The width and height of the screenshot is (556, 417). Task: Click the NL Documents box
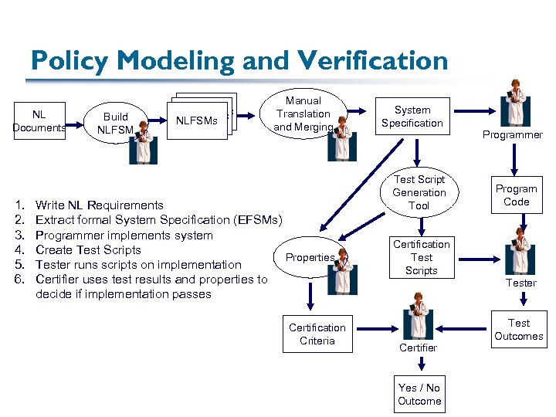[39, 121]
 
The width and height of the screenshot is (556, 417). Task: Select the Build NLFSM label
[115, 124]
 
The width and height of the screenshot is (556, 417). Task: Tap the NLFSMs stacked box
[198, 120]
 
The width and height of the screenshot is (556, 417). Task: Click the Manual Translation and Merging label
[303, 114]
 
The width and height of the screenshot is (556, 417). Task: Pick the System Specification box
[412, 117]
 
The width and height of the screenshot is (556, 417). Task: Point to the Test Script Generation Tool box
[419, 192]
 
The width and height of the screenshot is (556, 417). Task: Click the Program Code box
[516, 195]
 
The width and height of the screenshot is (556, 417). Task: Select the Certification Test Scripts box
[422, 257]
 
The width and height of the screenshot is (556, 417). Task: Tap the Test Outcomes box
[518, 330]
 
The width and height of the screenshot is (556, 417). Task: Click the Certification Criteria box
[317, 334]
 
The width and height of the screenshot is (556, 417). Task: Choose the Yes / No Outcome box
[419, 395]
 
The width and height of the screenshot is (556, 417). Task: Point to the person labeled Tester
[520, 251]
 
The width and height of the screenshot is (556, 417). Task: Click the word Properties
[310, 257]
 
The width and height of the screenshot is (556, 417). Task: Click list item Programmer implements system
[124, 235]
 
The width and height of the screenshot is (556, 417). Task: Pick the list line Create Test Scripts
[88, 249]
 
